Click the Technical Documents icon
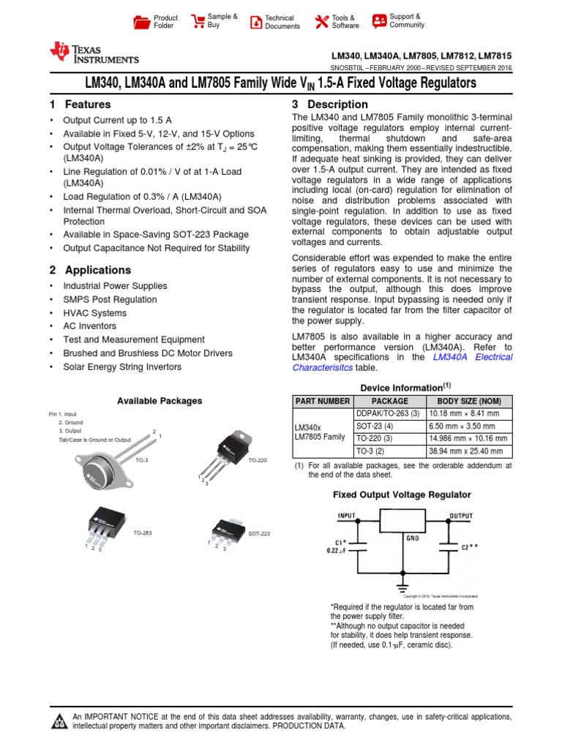coord(256,22)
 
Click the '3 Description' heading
coord(330,105)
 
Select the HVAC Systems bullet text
coord(94,313)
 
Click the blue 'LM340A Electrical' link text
coord(473,357)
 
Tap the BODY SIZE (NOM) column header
coord(468,401)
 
